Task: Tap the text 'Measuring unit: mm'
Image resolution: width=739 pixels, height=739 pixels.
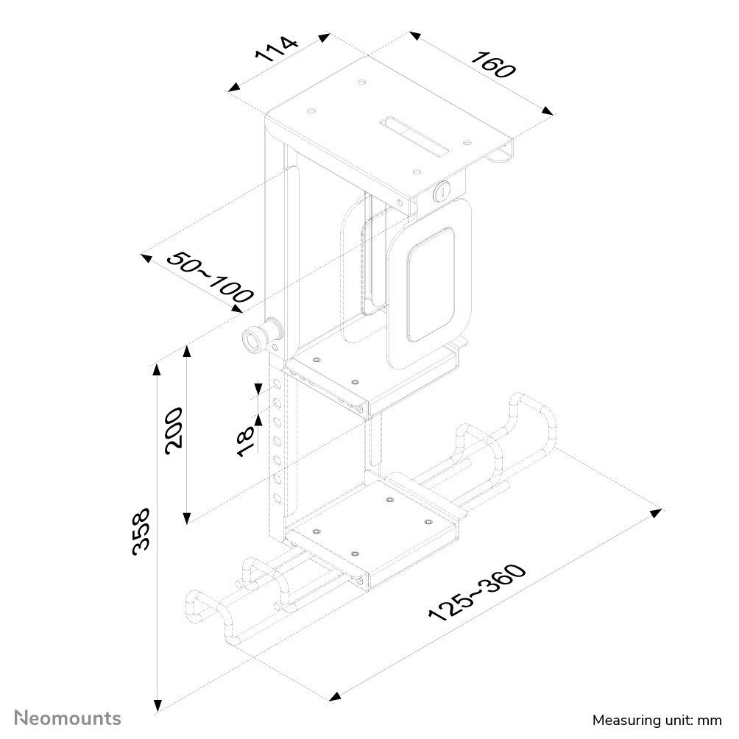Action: [657, 719]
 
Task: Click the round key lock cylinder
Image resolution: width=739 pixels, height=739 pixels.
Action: [442, 192]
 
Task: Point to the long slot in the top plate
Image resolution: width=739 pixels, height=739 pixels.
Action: [415, 135]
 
